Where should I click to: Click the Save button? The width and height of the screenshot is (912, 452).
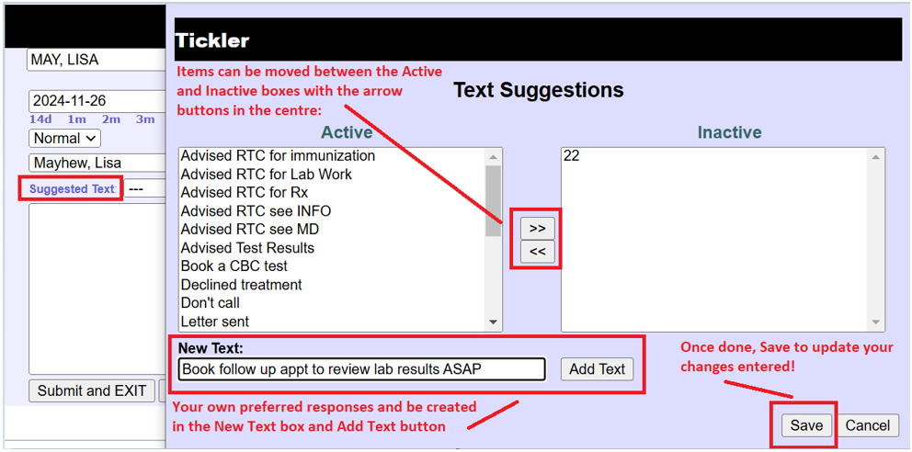pos(806,425)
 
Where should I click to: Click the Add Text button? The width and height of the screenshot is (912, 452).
pos(597,369)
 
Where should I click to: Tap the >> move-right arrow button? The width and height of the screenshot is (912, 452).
pos(538,229)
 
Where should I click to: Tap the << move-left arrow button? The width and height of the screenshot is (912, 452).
pos(538,252)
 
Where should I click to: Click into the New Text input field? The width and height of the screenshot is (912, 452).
pos(362,369)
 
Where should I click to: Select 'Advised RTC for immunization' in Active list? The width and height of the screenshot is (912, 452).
pos(278,155)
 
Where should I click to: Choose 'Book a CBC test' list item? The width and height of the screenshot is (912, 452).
pos(234,266)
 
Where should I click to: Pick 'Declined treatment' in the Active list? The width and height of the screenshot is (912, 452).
pos(242,285)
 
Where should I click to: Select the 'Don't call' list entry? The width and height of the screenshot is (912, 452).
pos(210,302)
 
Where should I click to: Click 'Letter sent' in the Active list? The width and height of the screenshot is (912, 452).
pos(214,322)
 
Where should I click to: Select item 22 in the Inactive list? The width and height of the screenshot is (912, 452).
pos(571,155)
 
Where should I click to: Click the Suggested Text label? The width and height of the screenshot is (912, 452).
pos(72,189)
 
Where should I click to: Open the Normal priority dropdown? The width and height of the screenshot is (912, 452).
pos(64,139)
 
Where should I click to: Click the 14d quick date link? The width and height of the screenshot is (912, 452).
pos(40,119)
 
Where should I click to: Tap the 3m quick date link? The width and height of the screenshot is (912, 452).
pos(145,119)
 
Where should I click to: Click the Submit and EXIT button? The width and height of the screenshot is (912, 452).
pos(92,391)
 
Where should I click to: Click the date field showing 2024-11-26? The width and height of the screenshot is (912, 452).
pos(97,101)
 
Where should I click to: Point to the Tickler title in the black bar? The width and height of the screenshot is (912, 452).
pos(212,40)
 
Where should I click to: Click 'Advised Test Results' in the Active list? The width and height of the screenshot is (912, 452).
pos(248,248)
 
